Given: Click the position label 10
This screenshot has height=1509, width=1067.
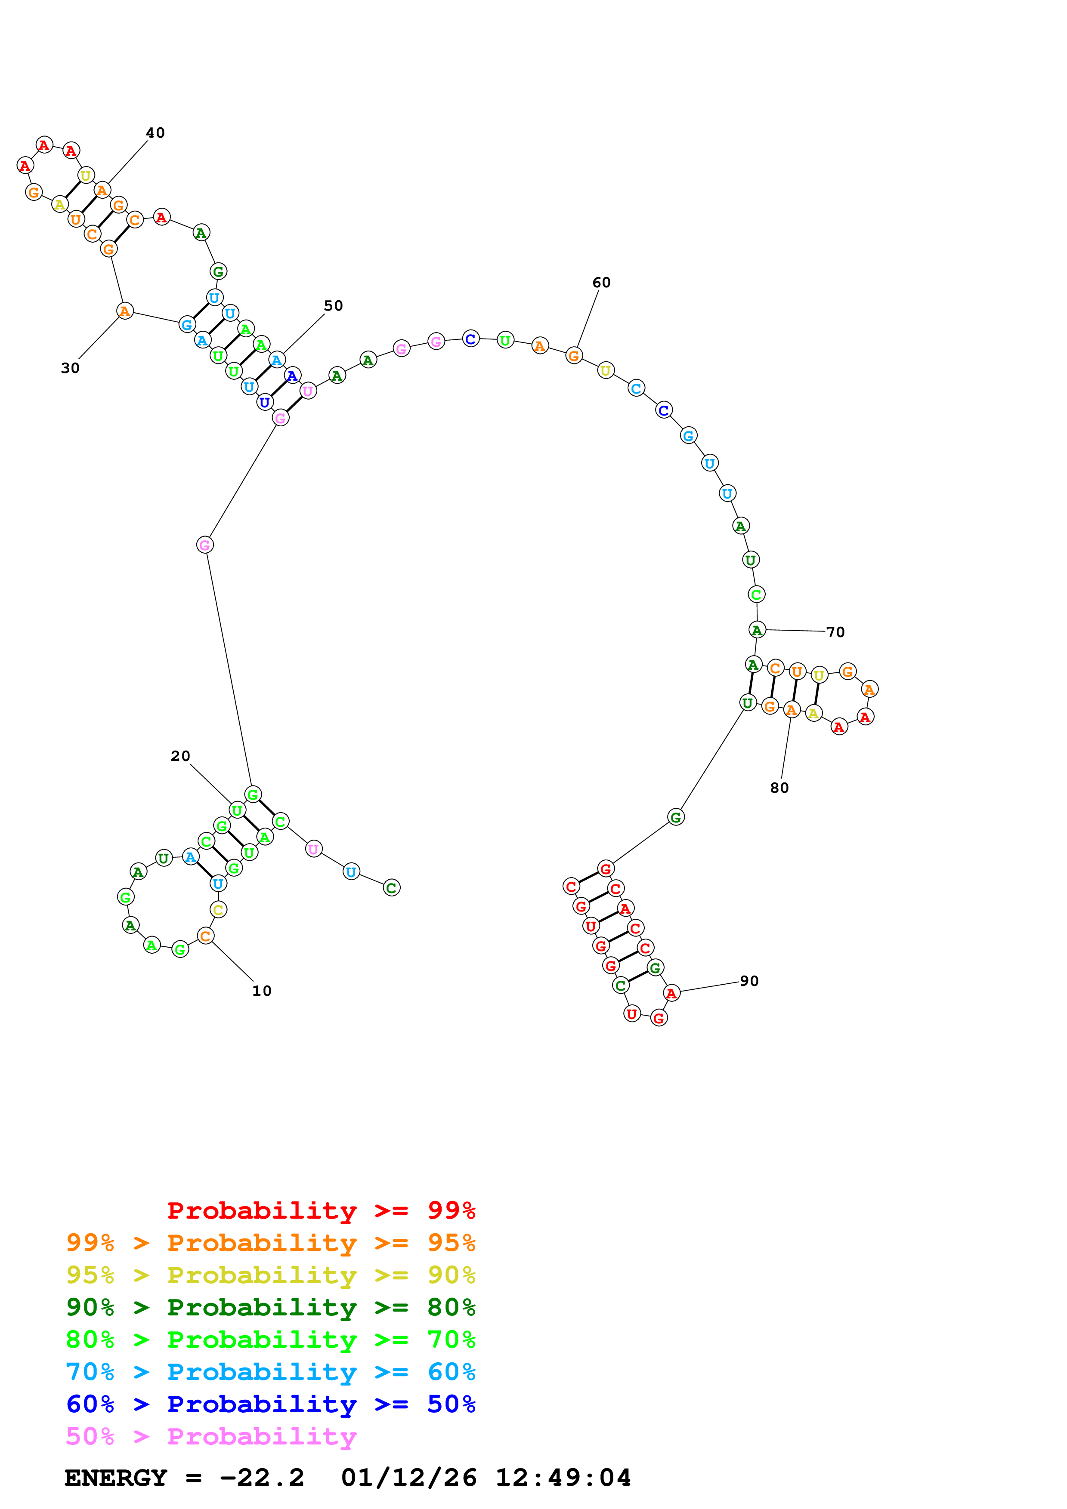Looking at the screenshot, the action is click(x=262, y=991).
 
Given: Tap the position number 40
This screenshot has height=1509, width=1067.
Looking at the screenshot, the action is click(x=155, y=133).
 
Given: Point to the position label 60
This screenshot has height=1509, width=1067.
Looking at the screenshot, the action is click(x=602, y=283).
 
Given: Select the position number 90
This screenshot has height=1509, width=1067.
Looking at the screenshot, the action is click(x=749, y=981).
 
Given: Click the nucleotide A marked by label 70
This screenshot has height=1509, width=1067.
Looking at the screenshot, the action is click(x=758, y=630).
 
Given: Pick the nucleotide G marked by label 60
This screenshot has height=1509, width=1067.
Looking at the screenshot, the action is click(x=574, y=356).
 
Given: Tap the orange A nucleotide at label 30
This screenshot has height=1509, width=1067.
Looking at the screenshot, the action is click(x=125, y=311).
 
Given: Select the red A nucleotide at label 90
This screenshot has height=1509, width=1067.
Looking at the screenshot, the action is click(x=671, y=993).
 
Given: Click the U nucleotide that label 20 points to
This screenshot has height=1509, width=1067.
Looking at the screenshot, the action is click(x=237, y=810).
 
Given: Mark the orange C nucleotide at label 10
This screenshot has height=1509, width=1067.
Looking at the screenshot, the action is click(x=206, y=936).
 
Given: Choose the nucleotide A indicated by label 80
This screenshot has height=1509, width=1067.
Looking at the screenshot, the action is click(x=792, y=711).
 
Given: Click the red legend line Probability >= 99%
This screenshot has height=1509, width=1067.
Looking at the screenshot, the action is click(x=321, y=1210).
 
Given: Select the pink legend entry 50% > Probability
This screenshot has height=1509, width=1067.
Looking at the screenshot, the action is click(x=211, y=1437).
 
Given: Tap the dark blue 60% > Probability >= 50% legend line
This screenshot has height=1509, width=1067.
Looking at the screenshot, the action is click(x=270, y=1404).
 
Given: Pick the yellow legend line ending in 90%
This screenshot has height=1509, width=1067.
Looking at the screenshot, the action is click(x=270, y=1275).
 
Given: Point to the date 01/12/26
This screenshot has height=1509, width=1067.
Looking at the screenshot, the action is click(x=408, y=1478).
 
